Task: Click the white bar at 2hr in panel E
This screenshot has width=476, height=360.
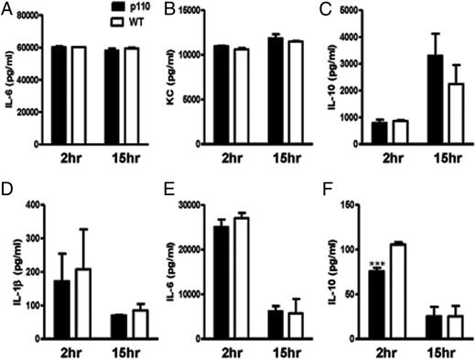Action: [x=243, y=278]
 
